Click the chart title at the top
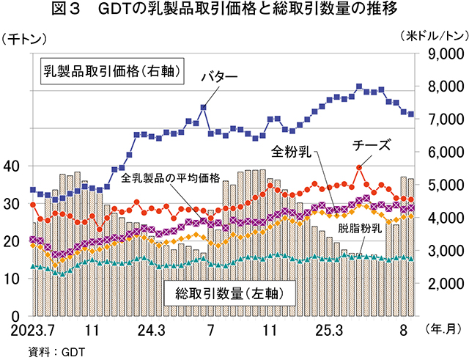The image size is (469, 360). [x=234, y=10]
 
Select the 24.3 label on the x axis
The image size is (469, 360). [x=149, y=330]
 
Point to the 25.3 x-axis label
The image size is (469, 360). [x=328, y=330]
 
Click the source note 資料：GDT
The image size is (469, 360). [x=56, y=350]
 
